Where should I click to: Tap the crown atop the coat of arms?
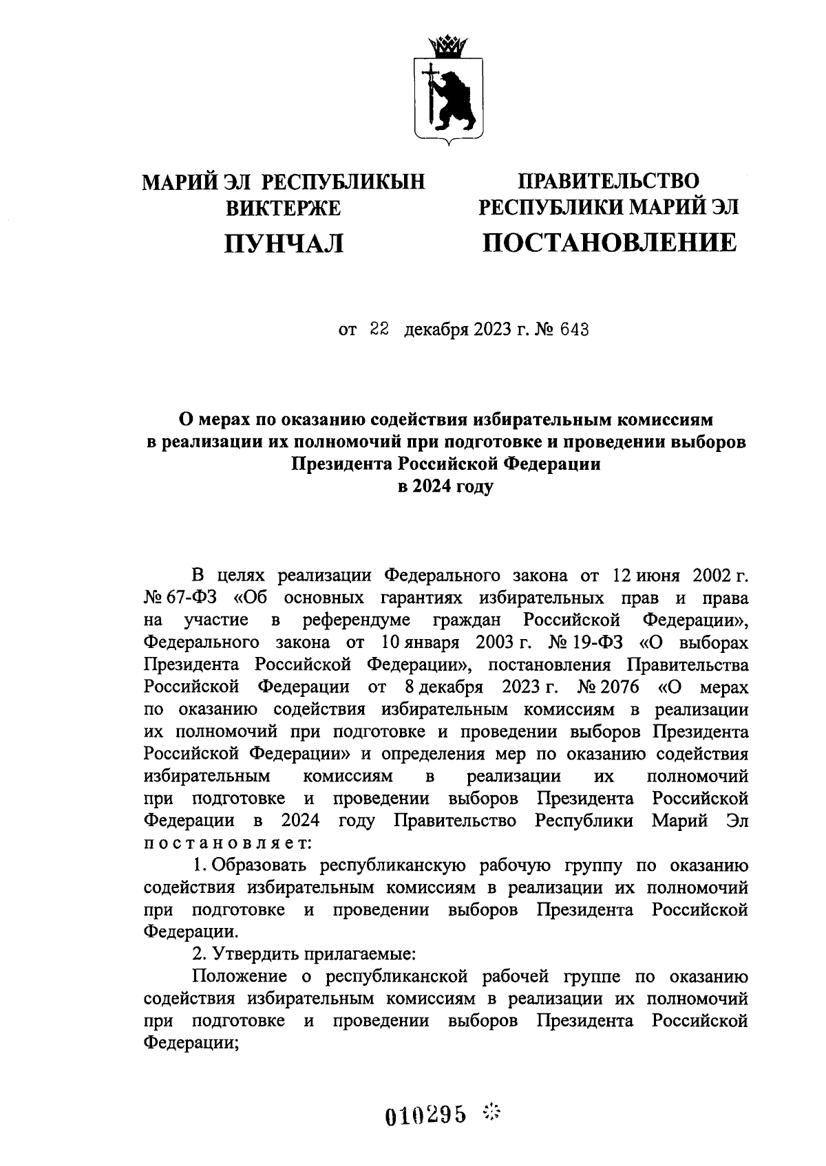pos(447,47)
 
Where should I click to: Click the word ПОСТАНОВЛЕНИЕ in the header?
pos(608,242)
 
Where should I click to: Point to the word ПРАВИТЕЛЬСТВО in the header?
pos(608,181)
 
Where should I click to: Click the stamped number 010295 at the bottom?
pos(426,1112)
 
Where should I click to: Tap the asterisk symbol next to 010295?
pos(492,1110)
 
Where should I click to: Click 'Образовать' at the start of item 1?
pos(261,865)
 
